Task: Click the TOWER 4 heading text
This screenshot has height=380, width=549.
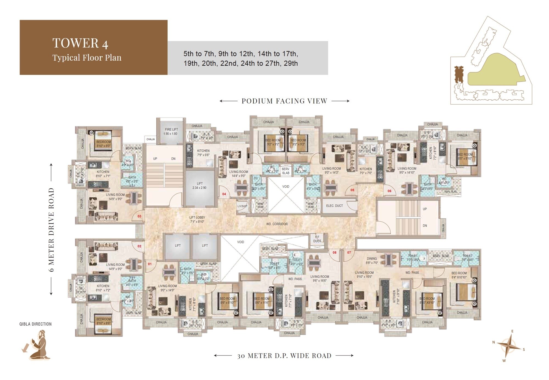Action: (x=80, y=43)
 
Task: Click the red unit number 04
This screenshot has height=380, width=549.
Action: (x=224, y=194)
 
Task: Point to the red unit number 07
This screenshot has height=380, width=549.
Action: (x=349, y=252)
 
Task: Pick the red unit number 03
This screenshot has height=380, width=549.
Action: (x=139, y=216)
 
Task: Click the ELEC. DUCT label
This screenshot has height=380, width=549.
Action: (x=334, y=206)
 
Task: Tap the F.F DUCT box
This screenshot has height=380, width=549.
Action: (x=317, y=239)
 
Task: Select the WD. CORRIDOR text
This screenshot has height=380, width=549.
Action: (x=277, y=224)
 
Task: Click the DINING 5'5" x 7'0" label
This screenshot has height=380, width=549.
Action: (x=372, y=261)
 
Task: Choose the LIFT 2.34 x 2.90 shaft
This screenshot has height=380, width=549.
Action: (x=200, y=188)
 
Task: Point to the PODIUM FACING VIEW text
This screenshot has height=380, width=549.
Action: (x=284, y=101)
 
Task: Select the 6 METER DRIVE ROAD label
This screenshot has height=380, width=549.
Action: (x=51, y=229)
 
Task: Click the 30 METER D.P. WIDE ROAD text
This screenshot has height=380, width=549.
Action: (x=284, y=356)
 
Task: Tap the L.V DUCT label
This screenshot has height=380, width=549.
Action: (x=242, y=206)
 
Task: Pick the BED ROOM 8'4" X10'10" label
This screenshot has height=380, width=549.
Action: (x=459, y=275)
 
